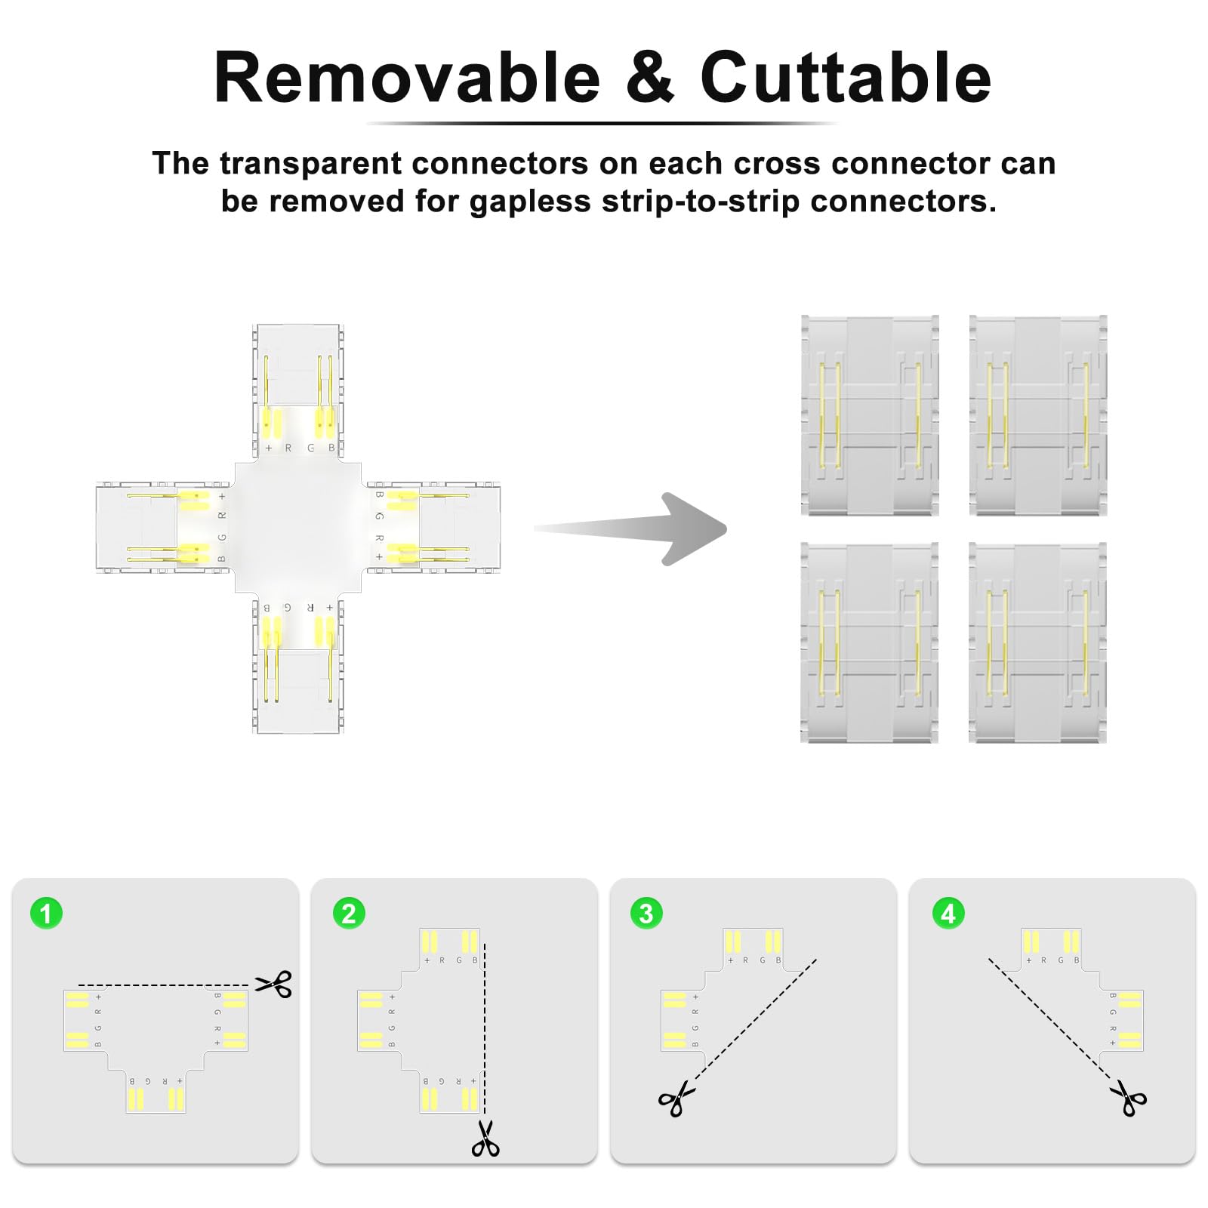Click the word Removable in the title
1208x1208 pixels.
408,78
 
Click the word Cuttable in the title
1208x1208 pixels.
846,78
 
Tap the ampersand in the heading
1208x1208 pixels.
649,78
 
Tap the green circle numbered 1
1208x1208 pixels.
46,914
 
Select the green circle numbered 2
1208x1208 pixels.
349,914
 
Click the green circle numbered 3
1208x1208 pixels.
646,914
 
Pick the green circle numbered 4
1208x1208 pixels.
948,914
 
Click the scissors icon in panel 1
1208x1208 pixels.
273,985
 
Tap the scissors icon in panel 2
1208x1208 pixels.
485,1138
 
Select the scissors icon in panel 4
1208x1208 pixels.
1129,1099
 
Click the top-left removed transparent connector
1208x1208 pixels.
870,415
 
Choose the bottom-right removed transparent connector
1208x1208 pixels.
1038,642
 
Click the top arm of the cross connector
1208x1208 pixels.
299,393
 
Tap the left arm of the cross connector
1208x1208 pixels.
162,528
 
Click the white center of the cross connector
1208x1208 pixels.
299,528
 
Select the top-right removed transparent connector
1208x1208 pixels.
1038,415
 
